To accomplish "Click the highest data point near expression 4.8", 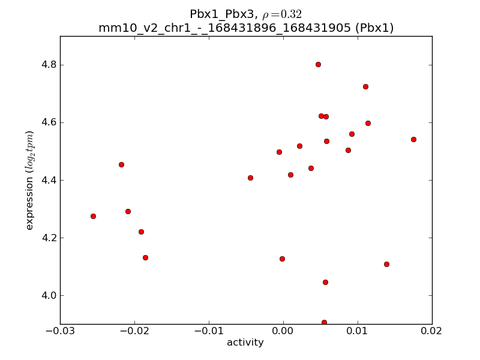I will [x=318, y=64].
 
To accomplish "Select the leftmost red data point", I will [x=93, y=216].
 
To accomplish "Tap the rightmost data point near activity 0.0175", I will [x=413, y=139].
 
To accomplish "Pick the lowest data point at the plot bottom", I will [x=324, y=322].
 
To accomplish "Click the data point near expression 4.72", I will [x=365, y=86].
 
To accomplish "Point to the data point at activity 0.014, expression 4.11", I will [x=386, y=264].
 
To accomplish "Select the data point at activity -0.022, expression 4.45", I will [x=121, y=164].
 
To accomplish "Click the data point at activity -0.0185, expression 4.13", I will [x=145, y=257].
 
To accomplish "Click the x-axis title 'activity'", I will [x=245, y=343].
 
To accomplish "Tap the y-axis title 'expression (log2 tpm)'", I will [x=29, y=180].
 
